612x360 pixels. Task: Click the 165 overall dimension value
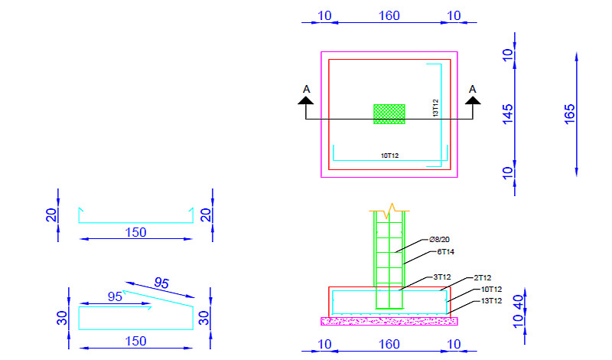569,114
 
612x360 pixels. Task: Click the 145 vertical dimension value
507,114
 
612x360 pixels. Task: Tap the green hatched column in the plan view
389,114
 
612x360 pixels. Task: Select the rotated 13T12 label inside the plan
435,108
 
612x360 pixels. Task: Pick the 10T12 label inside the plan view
389,155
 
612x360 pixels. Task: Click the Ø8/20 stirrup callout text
439,239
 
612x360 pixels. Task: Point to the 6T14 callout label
445,252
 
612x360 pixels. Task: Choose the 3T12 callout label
442,277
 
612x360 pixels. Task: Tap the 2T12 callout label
483,278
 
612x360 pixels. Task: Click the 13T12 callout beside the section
491,301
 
